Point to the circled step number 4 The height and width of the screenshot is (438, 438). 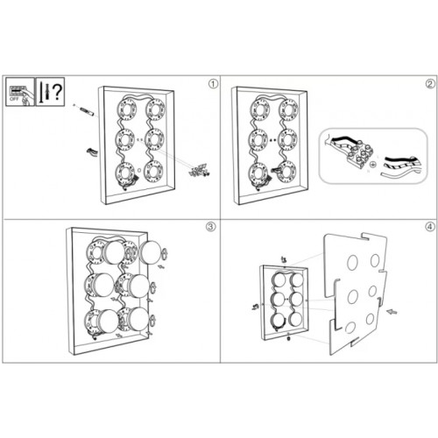point(428,226)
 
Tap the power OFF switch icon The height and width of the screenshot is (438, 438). point(18,89)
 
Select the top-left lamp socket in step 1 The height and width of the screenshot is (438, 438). point(125,109)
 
